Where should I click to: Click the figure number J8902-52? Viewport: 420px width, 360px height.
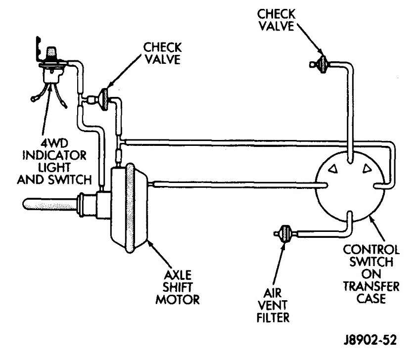coord(370,340)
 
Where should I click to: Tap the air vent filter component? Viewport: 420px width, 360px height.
coord(285,234)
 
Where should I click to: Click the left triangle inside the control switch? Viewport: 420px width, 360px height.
coord(333,169)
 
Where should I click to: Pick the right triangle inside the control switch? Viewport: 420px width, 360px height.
coord(367,168)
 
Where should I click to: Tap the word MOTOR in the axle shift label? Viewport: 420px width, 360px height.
coord(178,299)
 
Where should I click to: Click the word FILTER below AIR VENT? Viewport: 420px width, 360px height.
coord(273,317)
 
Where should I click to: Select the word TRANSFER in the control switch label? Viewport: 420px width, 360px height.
coord(371,286)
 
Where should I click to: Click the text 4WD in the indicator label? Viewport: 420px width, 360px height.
coord(54,143)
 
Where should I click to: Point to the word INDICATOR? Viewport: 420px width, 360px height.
coord(54,155)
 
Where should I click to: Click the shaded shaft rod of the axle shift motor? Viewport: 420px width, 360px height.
coord(49,204)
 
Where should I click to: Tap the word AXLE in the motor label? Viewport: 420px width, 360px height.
coord(178,275)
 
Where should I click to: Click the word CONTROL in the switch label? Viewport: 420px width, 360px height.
coord(371,250)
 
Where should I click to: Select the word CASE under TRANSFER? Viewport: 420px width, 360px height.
coord(371,298)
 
